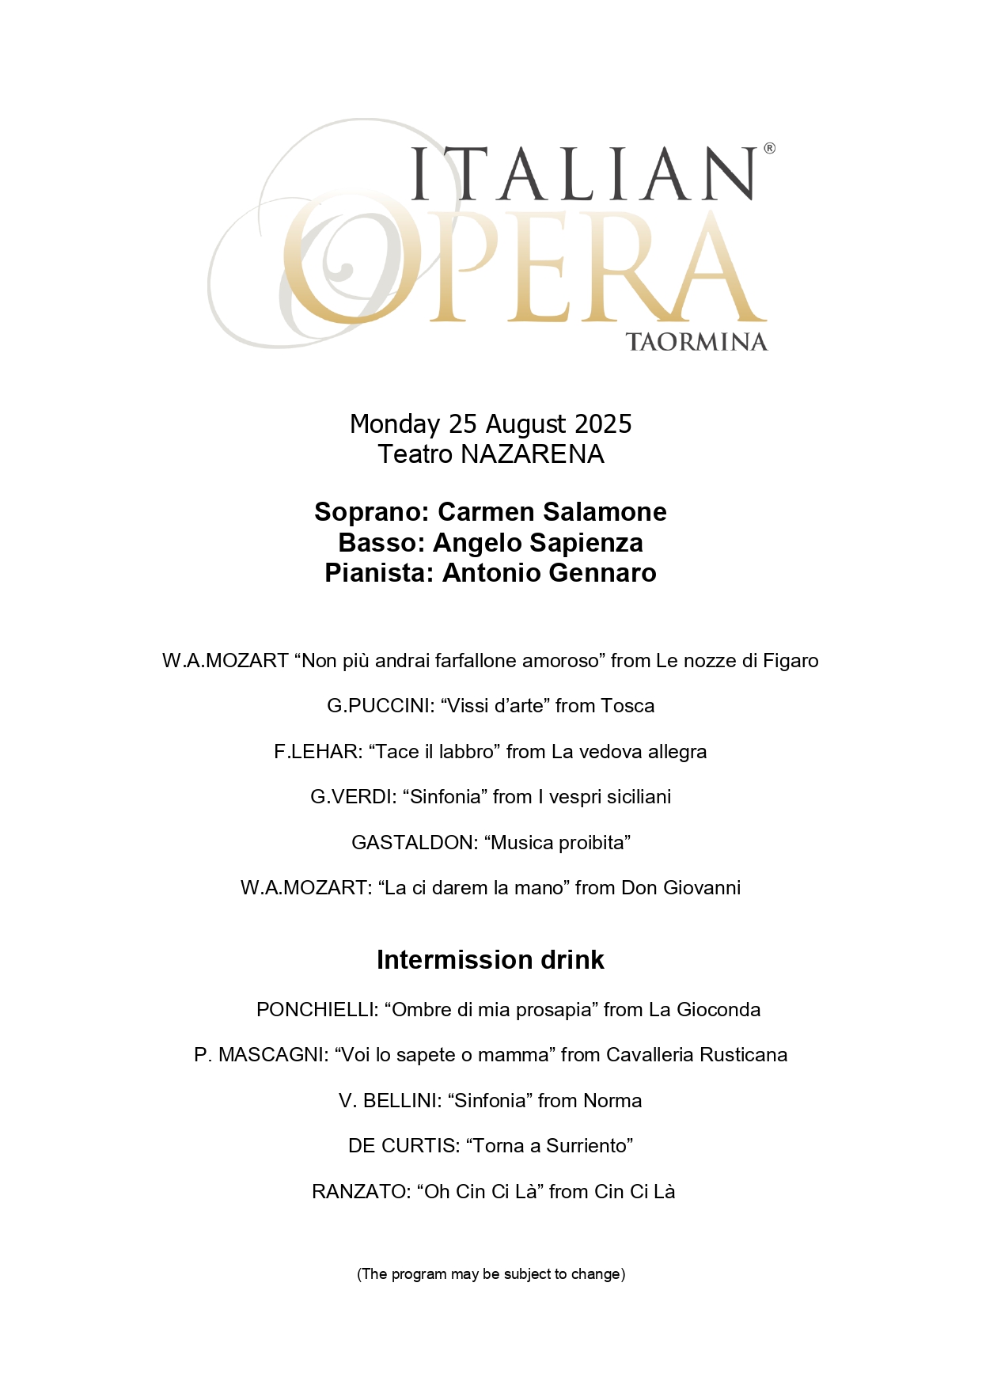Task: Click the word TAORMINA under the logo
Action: point(696,342)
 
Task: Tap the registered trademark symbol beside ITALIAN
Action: point(769,148)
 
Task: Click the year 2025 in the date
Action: point(603,424)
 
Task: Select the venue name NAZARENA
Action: point(533,454)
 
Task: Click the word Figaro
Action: point(791,661)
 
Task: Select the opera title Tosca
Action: point(627,706)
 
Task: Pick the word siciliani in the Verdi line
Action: point(636,797)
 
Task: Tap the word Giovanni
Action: point(702,888)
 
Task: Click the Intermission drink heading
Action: point(491,960)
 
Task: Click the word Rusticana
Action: point(745,1055)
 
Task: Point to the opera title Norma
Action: point(612,1101)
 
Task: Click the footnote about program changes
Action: point(491,1274)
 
